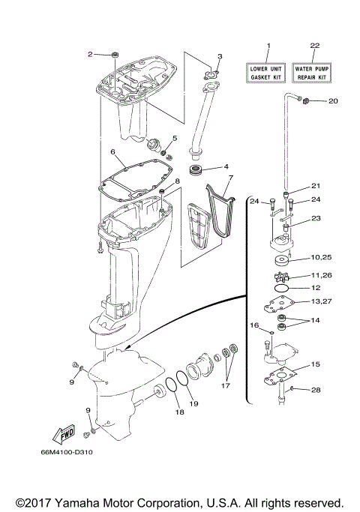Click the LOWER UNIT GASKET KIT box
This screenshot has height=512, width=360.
pyautogui.click(x=268, y=73)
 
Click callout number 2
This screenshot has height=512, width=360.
pyautogui.click(x=90, y=54)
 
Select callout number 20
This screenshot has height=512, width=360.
pyautogui.click(x=333, y=101)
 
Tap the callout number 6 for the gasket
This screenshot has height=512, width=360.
pyautogui.click(x=112, y=152)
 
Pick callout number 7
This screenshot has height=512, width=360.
pyautogui.click(x=232, y=178)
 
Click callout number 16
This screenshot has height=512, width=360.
pyautogui.click(x=253, y=325)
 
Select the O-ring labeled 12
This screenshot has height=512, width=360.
pyautogui.click(x=280, y=288)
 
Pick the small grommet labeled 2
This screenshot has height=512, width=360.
pyautogui.click(x=115, y=54)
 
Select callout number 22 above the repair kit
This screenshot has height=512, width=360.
pyautogui.click(x=314, y=46)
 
